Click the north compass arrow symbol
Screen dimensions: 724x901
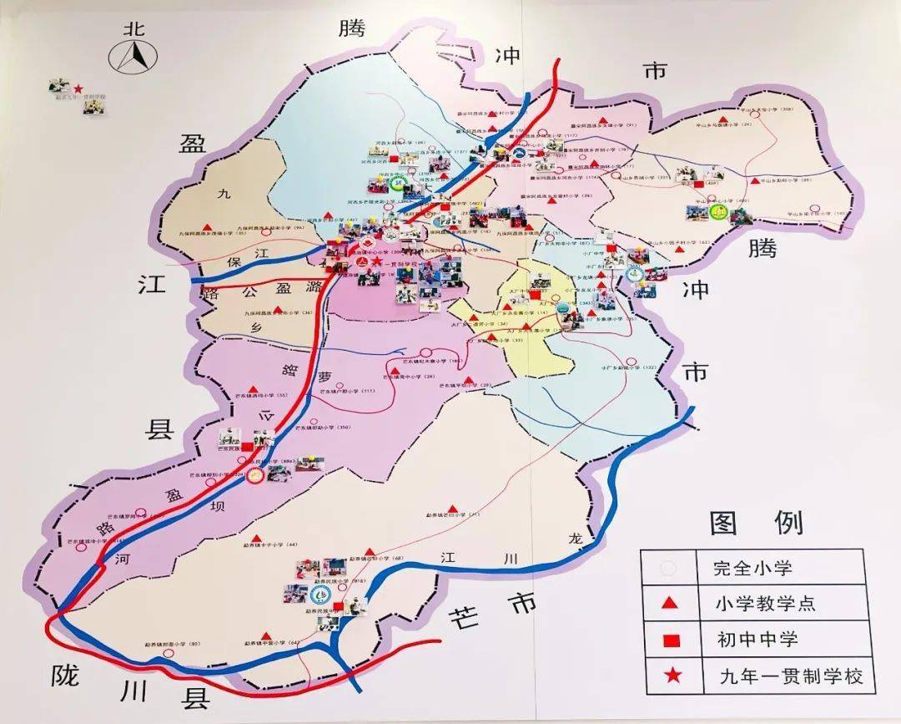point(134,57)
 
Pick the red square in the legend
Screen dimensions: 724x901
point(668,640)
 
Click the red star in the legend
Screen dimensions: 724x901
point(668,675)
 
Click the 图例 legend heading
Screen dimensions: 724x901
point(756,524)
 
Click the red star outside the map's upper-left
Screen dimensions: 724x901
point(78,89)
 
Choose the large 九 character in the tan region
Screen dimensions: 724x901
point(222,194)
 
